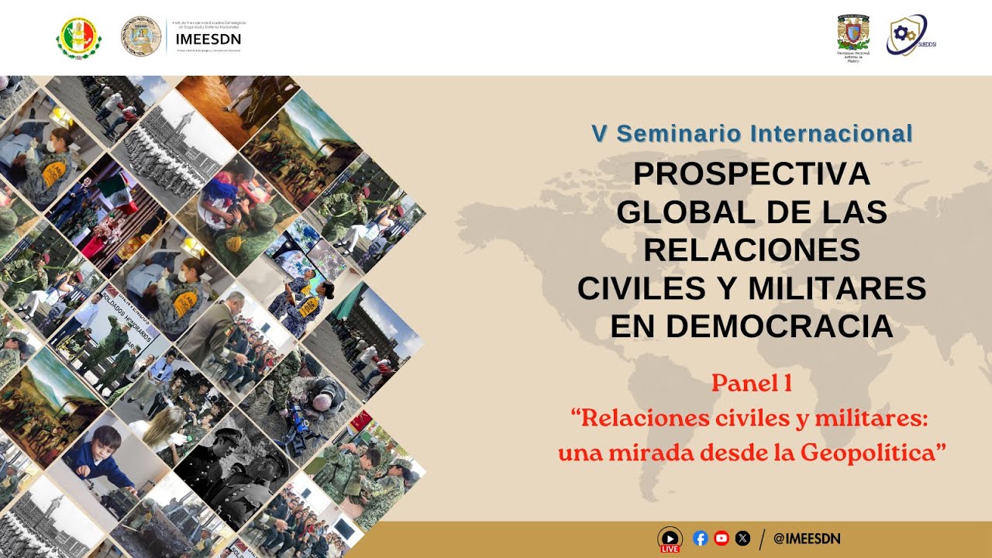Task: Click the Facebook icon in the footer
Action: pos(701,539)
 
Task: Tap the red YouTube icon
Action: pos(722,539)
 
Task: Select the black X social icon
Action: pos(742,539)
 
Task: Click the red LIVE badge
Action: pos(670,549)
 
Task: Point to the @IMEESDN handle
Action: pos(807,539)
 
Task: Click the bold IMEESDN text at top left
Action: pos(208,39)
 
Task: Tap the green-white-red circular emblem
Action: pos(78,37)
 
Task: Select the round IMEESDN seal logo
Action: pos(140,36)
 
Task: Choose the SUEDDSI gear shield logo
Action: pos(907,35)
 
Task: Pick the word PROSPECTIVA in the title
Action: pos(752,174)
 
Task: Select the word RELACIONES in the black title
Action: pos(752,250)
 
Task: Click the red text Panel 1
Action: pos(751,382)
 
